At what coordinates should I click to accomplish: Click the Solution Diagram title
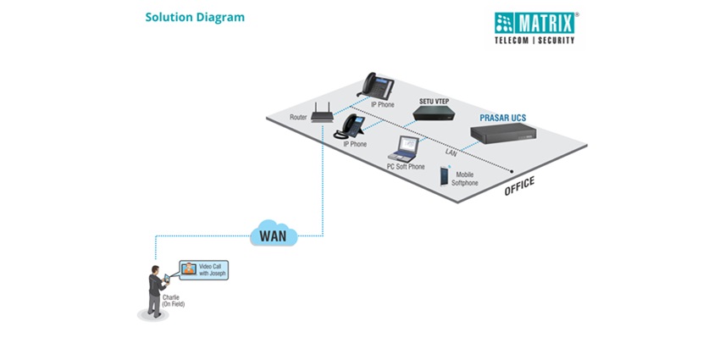[194, 17]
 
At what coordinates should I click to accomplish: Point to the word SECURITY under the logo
[554, 40]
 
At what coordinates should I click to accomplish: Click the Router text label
[298, 118]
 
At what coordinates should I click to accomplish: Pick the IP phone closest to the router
[350, 127]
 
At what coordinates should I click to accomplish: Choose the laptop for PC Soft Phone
[403, 151]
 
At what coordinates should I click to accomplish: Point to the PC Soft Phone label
[406, 167]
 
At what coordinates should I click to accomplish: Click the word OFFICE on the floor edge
[519, 186]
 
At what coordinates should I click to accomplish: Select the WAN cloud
[274, 232]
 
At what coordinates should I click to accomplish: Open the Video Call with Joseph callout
[204, 270]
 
